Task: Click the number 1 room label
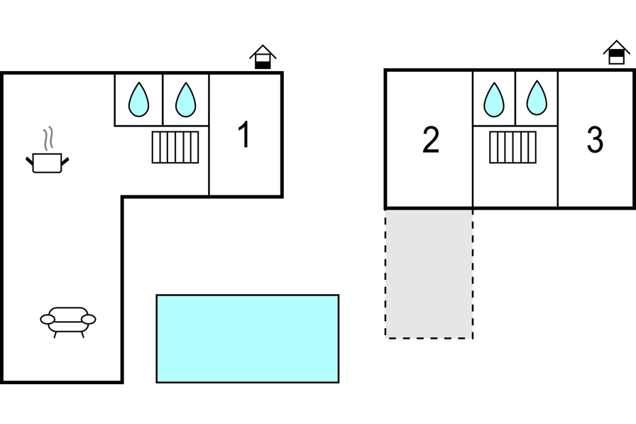pos(244,135)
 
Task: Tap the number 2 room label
pos(431,140)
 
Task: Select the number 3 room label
pos(595,140)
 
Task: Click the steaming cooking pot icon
pos(48,163)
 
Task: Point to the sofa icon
pos(68,320)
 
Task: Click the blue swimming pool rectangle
pos(247,338)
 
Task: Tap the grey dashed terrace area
pos(429,273)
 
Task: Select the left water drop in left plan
pos(139,99)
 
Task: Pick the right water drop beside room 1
pos(185,99)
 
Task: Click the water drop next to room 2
pos(494,99)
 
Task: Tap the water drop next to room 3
pos(537,98)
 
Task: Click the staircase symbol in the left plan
pos(175,147)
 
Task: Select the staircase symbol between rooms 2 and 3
pos(512,147)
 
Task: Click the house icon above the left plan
pos(263,57)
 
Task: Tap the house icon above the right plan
pos(616,53)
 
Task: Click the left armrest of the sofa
pos(47,320)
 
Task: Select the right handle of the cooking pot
pos(65,163)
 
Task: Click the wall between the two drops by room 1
pos(163,99)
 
